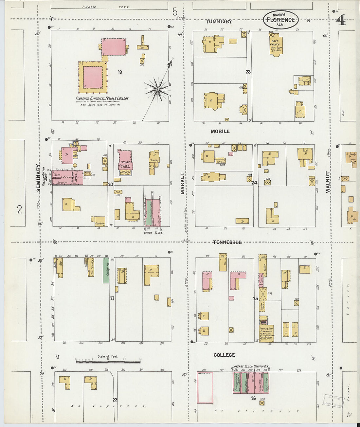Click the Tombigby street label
click(x=219, y=22)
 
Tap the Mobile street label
click(x=220, y=131)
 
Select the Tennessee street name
click(x=227, y=242)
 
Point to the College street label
click(x=224, y=355)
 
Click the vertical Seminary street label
click(x=39, y=178)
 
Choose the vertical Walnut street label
click(x=328, y=182)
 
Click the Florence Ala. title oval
click(x=280, y=20)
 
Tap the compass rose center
click(x=157, y=89)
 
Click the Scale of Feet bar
click(x=108, y=362)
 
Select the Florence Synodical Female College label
click(x=102, y=98)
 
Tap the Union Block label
click(x=153, y=232)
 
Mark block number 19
click(x=120, y=72)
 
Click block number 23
click(x=248, y=72)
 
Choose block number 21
click(x=112, y=298)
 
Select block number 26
click(x=253, y=398)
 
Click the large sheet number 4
click(x=340, y=20)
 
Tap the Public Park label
click(x=106, y=7)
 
